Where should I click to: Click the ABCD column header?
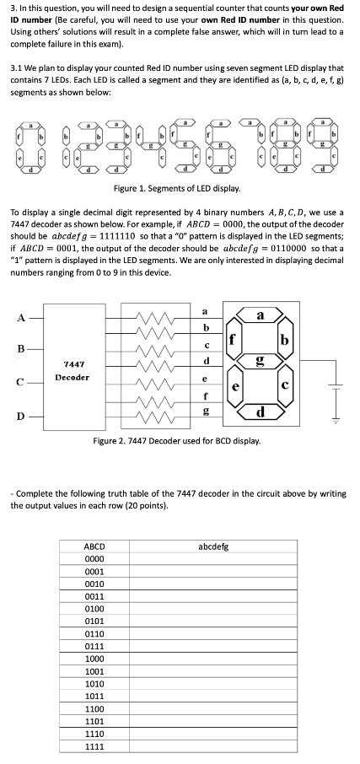click(94, 547)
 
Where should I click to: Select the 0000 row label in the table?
click(94, 560)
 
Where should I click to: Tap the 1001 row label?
click(94, 672)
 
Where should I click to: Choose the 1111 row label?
click(94, 746)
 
